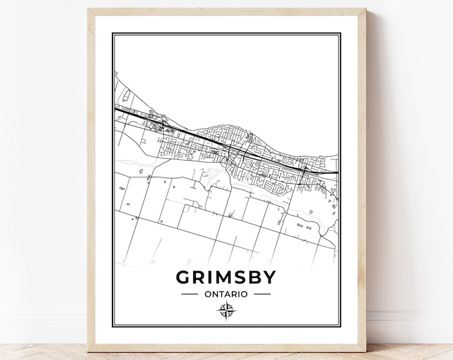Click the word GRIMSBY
pos(226,275)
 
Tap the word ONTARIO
pos(226,293)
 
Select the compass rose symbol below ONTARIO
pos(226,310)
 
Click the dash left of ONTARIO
pos(190,293)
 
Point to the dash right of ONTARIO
pos(262,293)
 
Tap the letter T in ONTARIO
pos(223,293)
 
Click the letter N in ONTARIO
pos(215,293)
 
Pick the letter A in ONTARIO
pos(229,293)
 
